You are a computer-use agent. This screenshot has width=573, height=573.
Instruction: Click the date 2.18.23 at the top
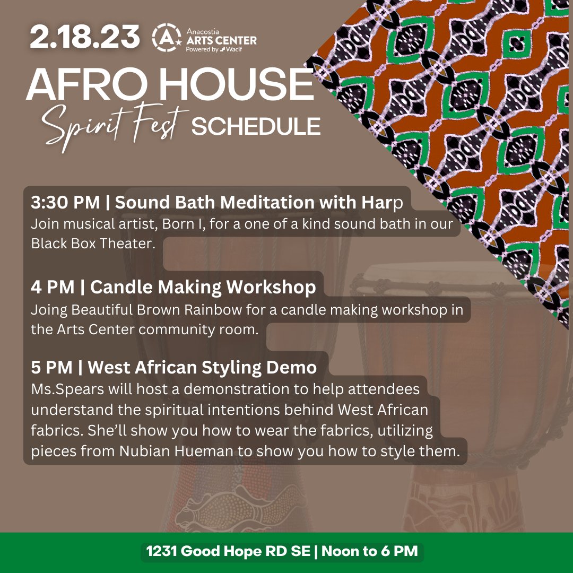85,37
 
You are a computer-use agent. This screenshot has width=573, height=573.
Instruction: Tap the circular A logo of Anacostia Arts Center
162,37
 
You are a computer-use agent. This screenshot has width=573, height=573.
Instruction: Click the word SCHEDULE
256,127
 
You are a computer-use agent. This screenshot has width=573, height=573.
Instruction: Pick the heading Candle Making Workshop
203,287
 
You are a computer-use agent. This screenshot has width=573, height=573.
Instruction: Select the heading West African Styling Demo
202,367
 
